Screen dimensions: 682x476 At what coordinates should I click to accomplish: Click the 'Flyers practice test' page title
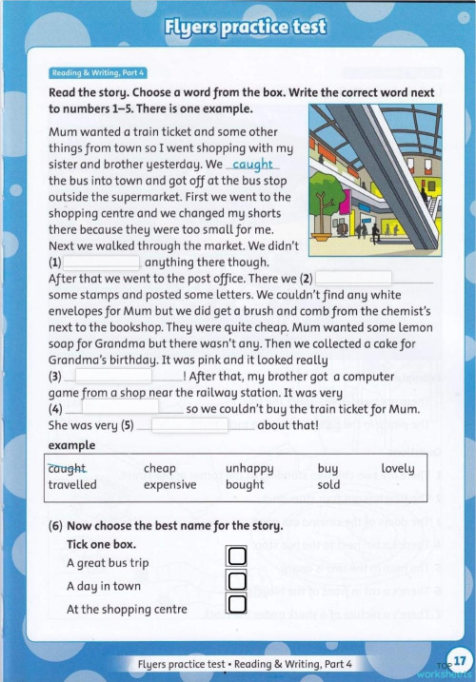pos(245,27)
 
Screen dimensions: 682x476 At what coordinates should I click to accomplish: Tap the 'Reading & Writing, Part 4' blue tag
pos(97,72)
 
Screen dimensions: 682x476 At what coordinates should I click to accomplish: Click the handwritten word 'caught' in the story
pos(253,165)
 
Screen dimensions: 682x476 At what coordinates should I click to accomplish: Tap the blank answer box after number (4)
pos(119,408)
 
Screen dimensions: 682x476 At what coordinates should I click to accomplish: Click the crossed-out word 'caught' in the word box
pos(67,468)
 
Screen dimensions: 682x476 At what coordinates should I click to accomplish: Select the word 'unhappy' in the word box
pos(249,468)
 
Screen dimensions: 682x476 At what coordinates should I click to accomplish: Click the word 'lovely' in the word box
pos(397,468)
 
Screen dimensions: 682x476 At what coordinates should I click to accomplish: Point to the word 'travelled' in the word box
pos(72,484)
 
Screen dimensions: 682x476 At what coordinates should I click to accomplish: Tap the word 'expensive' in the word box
pos(169,484)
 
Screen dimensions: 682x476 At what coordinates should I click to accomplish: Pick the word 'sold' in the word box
pos(328,484)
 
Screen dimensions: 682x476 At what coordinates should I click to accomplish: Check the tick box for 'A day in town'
pos(237,580)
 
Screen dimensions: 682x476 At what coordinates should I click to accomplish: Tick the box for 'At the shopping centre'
pos(237,604)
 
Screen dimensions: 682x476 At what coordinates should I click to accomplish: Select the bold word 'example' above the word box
pos(71,445)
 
